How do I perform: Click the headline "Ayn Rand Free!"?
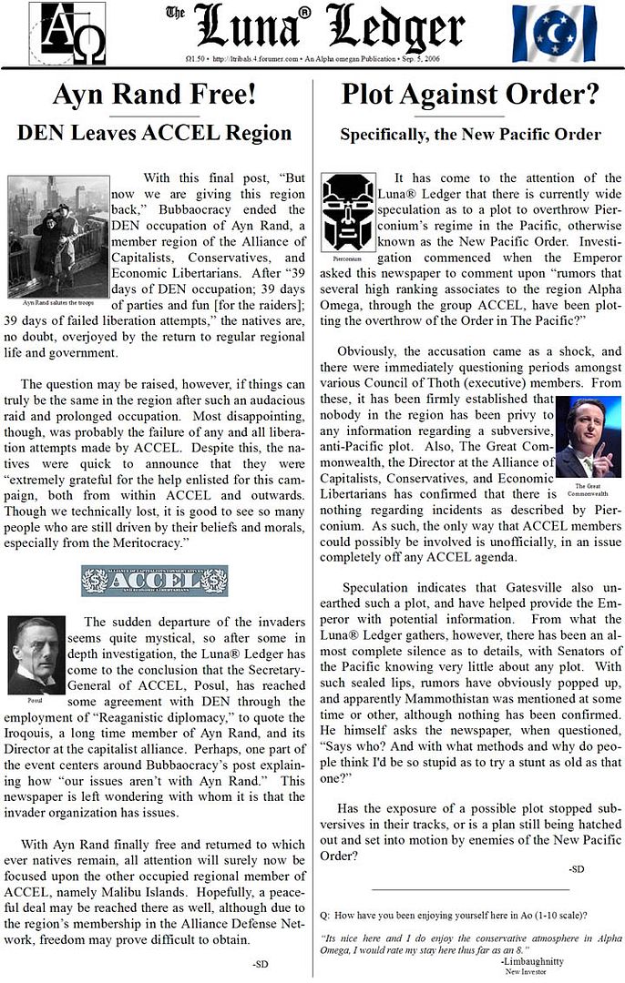[x=154, y=94]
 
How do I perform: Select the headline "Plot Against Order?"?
[x=469, y=94]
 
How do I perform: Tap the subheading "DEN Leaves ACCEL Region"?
[x=154, y=133]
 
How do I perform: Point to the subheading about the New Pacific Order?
[x=470, y=134]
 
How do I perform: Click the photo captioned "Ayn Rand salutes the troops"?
[x=57, y=235]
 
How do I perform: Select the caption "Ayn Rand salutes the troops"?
[x=57, y=299]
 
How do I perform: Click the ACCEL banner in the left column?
[x=154, y=581]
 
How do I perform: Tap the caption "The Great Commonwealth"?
[x=588, y=489]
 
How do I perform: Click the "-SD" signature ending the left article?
[x=261, y=962]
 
